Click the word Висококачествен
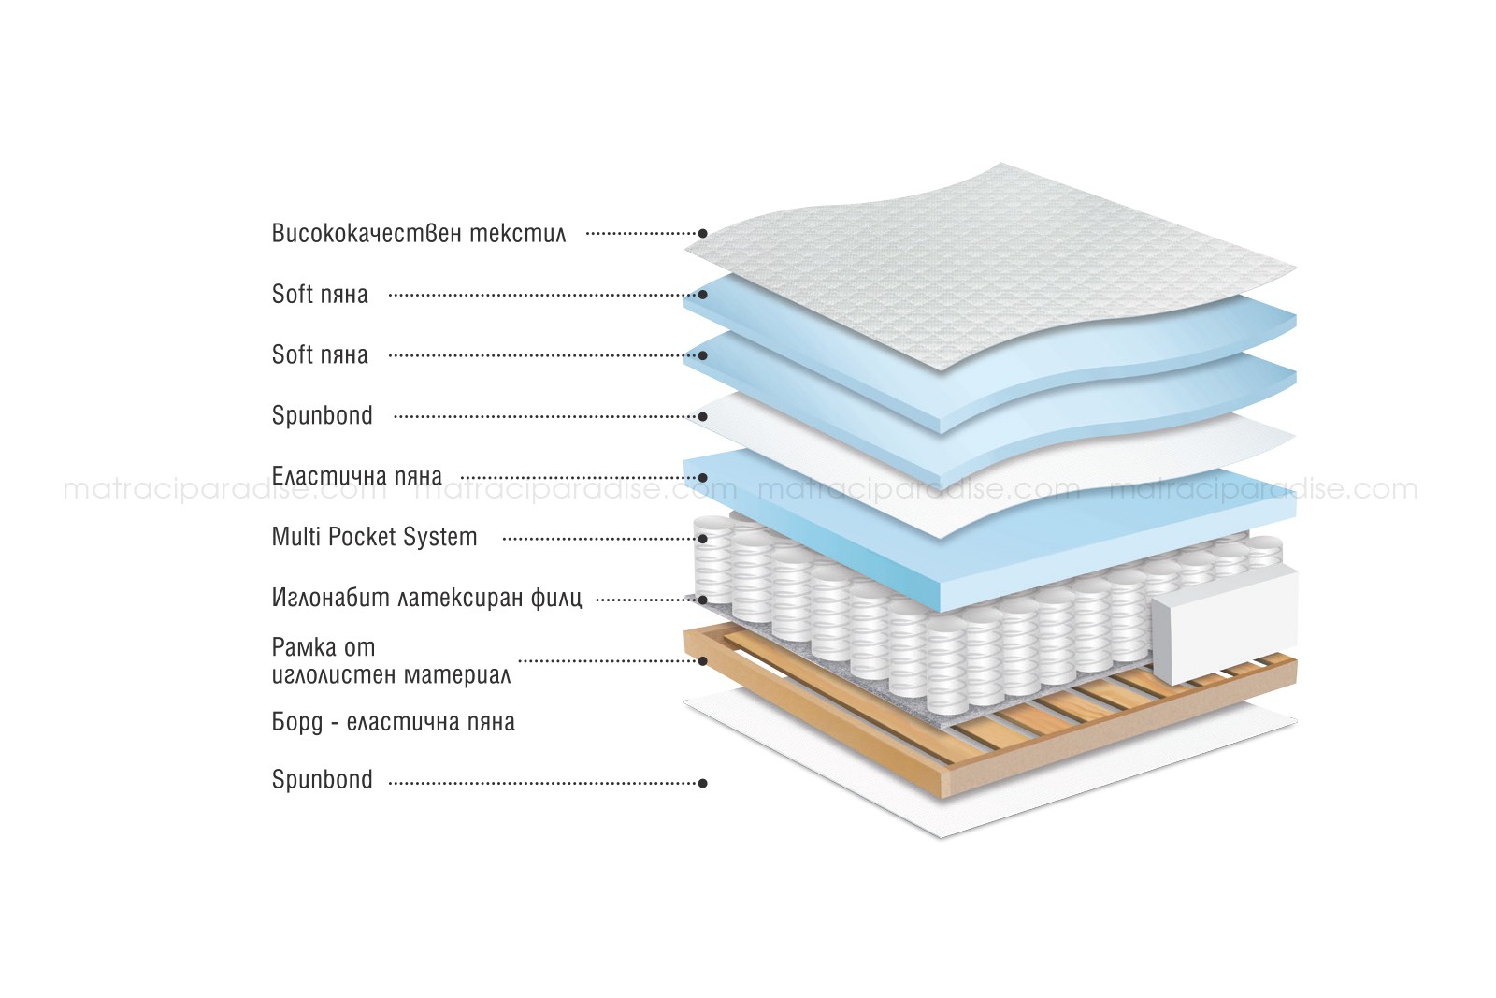(367, 233)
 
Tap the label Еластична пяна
(356, 476)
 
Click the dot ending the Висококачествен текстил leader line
(702, 233)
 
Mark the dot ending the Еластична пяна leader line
(702, 478)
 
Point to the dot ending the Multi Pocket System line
(702, 539)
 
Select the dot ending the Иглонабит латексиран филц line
(702, 600)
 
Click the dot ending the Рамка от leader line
(702, 660)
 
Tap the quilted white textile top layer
(988, 268)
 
